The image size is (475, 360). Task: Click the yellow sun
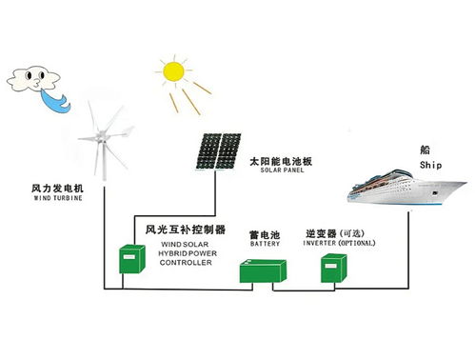point(172,71)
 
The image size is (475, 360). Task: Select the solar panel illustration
point(218,150)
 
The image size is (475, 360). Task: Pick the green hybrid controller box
point(126,257)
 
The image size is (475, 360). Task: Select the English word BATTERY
point(266,243)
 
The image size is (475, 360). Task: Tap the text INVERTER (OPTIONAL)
point(339,243)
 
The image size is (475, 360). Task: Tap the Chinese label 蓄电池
point(266,232)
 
